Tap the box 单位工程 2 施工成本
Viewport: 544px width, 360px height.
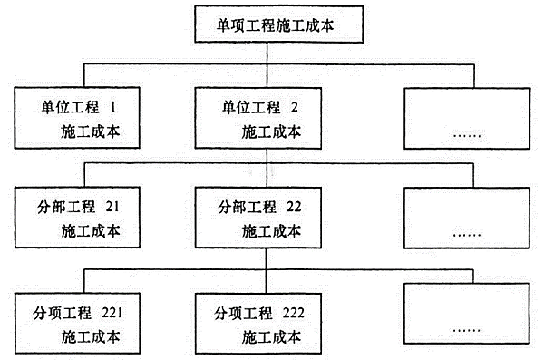point(264,118)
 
